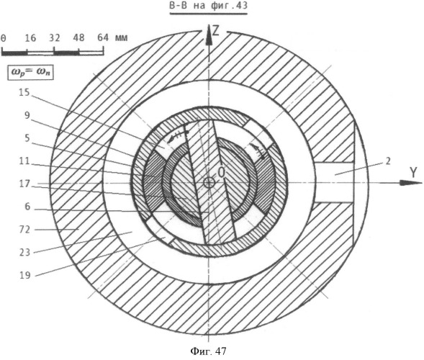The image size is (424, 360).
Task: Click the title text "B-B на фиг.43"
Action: (208, 6)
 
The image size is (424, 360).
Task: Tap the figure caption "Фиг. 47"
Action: (209, 351)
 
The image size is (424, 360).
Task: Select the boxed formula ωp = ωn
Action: (30, 72)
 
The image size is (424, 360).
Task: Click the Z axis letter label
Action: (215, 31)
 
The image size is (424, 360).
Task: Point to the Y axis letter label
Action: (413, 173)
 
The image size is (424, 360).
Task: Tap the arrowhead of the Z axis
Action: (208, 34)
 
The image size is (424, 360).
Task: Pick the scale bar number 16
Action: (30, 38)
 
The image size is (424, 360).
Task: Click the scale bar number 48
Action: (78, 38)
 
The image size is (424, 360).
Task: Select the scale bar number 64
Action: (103, 38)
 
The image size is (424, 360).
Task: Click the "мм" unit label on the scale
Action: (121, 38)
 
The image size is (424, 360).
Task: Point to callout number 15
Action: (24, 92)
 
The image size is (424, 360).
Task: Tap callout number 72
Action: (24, 230)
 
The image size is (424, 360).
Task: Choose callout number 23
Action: (24, 253)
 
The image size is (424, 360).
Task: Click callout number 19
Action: (24, 275)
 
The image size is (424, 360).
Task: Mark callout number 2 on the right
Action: (388, 161)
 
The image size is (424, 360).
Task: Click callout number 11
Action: (24, 161)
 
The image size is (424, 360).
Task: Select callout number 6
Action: (27, 207)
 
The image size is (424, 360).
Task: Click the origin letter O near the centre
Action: (222, 173)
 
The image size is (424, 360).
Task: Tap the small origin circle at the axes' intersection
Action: (209, 183)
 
